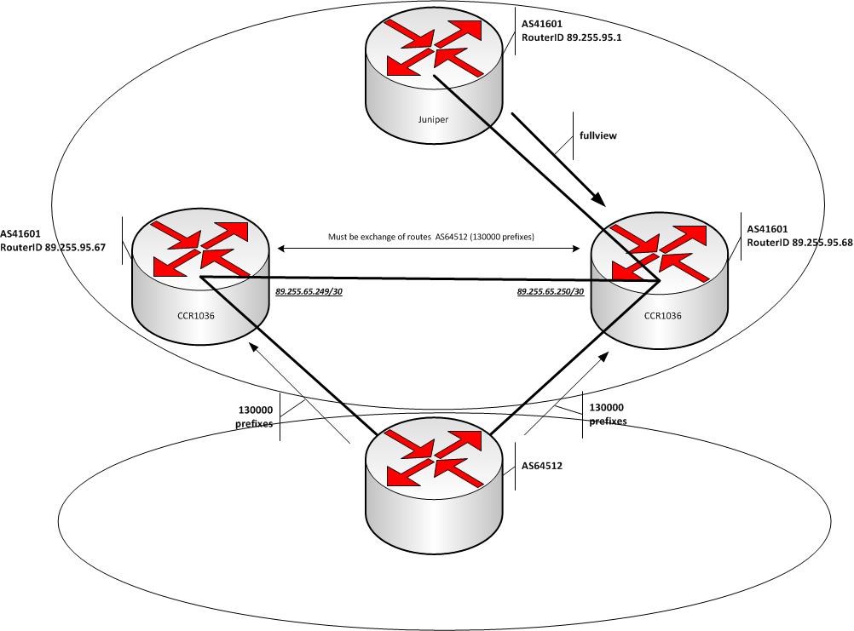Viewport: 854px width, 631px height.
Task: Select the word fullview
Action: click(x=599, y=135)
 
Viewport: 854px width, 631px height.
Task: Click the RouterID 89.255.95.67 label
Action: click(x=47, y=244)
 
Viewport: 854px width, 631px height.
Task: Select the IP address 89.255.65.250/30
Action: click(x=551, y=291)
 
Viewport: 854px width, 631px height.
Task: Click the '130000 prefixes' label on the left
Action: click(x=256, y=416)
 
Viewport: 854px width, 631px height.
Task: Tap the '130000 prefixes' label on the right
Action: click(x=608, y=414)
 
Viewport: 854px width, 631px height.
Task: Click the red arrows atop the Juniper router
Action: click(x=434, y=47)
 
